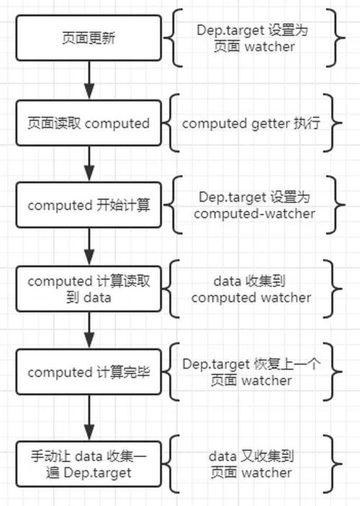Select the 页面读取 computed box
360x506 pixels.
89,123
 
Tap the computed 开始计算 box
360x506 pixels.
89,206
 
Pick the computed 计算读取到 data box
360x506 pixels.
89,289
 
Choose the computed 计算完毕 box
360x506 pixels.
89,372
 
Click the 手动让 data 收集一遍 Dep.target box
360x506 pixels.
89,464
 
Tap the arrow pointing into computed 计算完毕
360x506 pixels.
89,330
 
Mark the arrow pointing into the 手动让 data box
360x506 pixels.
89,417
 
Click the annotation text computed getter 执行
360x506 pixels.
251,123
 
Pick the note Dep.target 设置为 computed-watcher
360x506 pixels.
251,205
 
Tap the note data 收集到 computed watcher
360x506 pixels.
251,289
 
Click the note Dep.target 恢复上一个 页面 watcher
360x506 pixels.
251,371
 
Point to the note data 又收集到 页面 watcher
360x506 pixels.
251,464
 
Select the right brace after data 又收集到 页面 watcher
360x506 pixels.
332,464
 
